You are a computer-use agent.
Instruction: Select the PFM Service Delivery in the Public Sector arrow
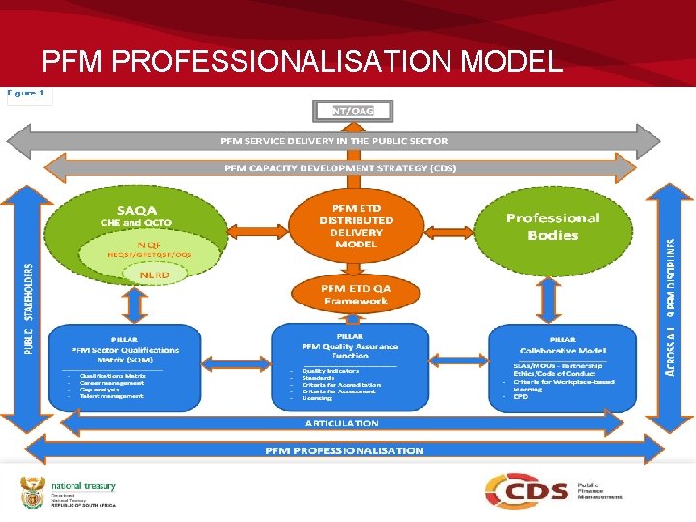334,140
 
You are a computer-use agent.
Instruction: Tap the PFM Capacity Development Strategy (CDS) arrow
340,167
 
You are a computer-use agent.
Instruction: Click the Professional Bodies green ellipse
553,226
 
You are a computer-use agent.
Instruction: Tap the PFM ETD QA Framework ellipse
355,294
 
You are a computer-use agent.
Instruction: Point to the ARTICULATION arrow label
342,423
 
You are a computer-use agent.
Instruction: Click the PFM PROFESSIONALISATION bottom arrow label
344,450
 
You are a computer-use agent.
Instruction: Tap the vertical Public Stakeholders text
28,308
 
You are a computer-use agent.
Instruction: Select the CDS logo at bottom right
527,490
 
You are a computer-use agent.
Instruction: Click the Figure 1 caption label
28,95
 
